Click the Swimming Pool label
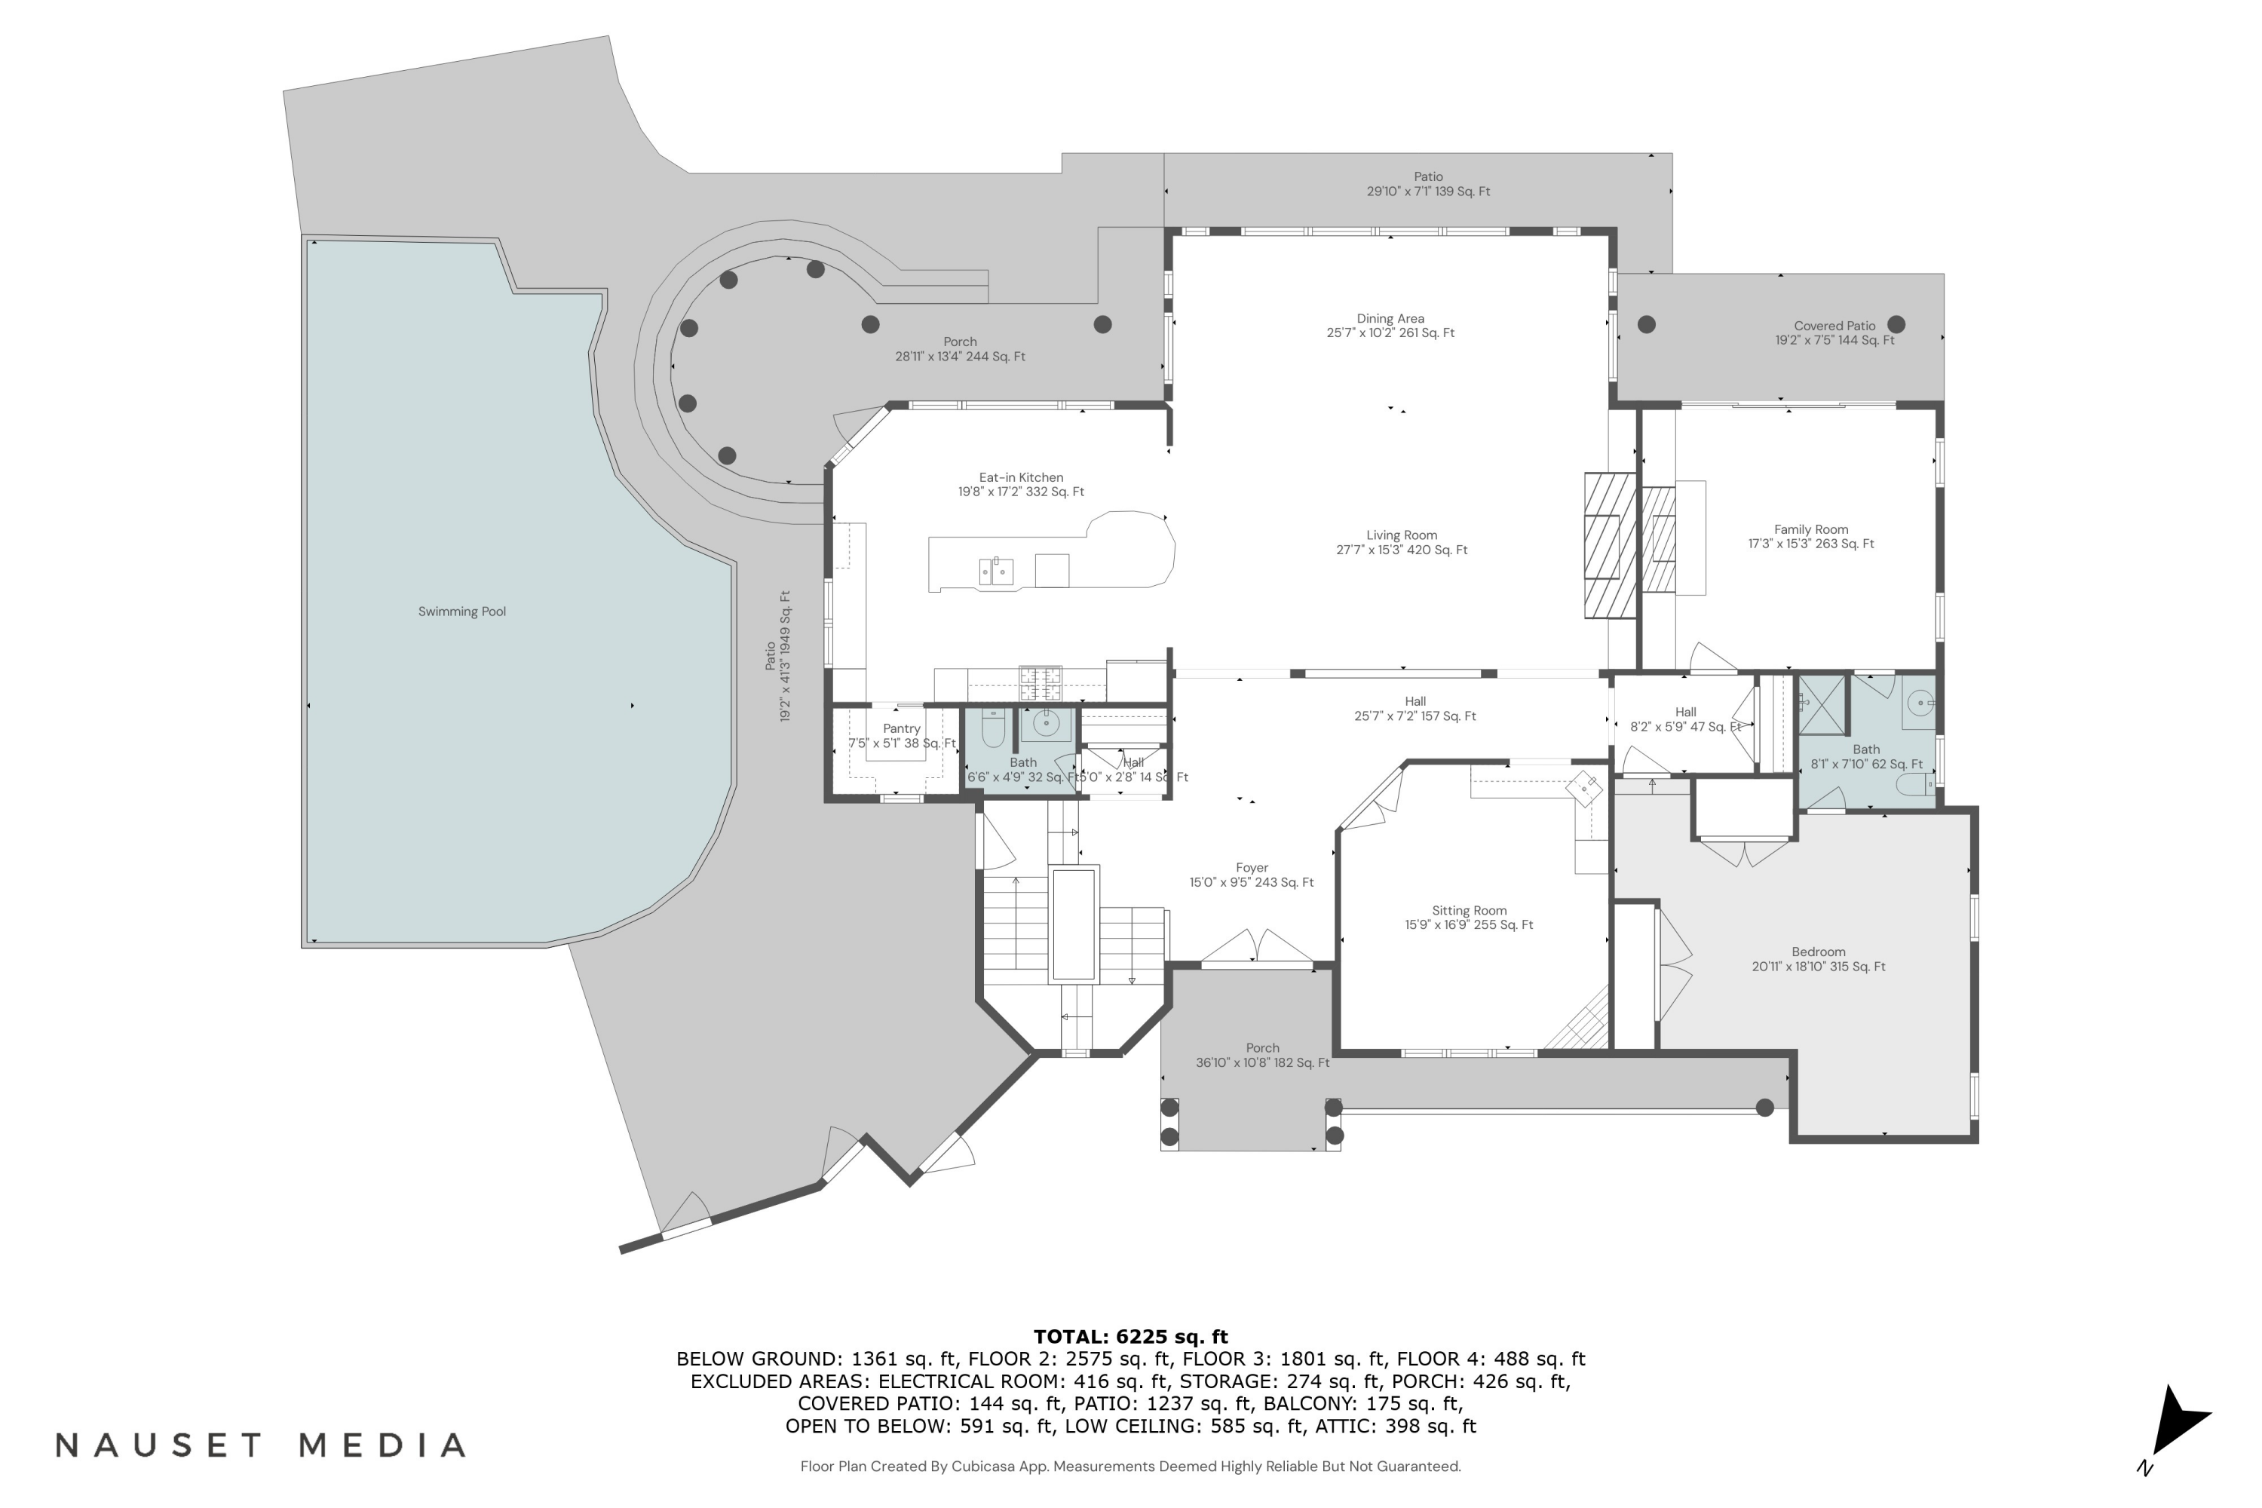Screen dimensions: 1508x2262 tap(461, 611)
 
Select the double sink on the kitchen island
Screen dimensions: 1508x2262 tap(995, 572)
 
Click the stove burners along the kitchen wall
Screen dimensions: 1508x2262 tap(1041, 684)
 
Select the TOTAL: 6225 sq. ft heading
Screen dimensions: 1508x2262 tap(1130, 1336)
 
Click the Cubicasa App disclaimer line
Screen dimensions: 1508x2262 tap(1130, 1466)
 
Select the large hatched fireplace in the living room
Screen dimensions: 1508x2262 tap(1609, 545)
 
